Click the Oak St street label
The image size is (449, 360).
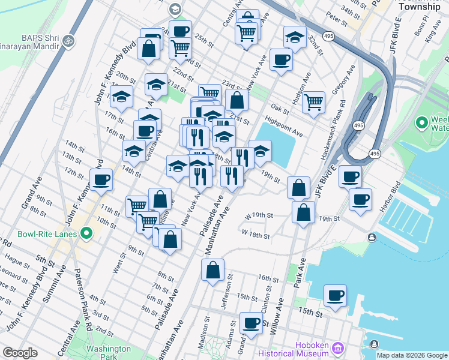pos(279,108)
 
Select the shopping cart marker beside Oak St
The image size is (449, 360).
pos(313,102)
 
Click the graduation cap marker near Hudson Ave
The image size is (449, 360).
pos(295,37)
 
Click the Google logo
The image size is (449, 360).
pos(20,353)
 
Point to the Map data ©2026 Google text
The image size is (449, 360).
pos(412,355)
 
